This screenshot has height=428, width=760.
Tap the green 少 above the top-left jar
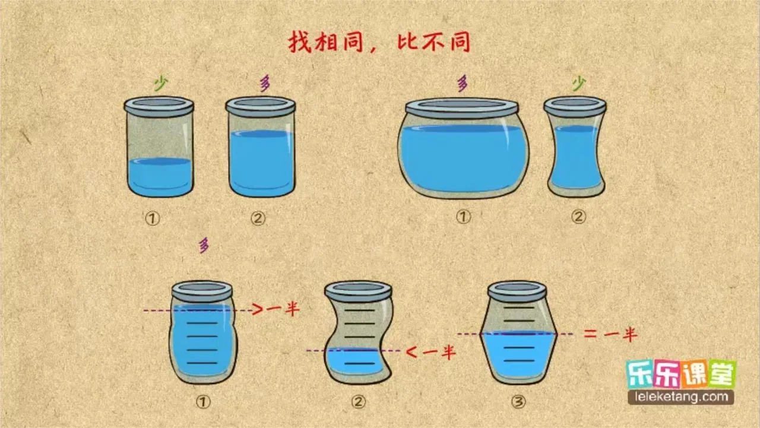point(159,84)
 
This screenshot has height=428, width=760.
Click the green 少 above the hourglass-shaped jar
point(577,84)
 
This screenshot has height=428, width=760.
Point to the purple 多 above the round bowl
point(462,84)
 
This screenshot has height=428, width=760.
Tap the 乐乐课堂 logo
point(681,374)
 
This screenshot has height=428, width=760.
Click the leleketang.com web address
point(681,397)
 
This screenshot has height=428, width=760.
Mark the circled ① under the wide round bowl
point(463,217)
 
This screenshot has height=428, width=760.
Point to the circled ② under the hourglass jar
point(578,217)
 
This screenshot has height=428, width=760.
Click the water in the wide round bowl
point(463,157)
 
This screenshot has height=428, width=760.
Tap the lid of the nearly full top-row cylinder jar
point(260,106)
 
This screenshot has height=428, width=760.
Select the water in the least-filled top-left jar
point(160,176)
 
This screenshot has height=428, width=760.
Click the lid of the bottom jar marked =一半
point(517,291)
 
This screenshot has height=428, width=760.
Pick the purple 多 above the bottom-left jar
point(204,245)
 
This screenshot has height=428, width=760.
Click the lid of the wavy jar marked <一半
point(358,291)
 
